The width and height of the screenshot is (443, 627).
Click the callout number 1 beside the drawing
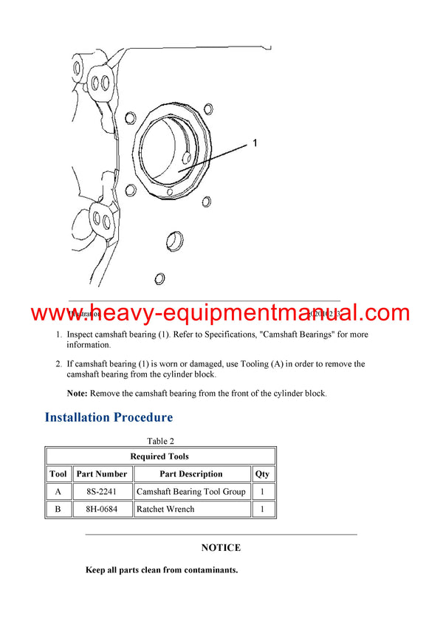point(255,143)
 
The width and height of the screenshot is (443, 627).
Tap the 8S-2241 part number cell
point(102,491)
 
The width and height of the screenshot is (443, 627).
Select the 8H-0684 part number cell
point(102,509)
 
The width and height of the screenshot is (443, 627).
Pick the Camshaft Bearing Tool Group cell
point(190,491)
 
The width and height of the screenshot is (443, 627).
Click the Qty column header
point(262,473)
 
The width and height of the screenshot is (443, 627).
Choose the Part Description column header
point(190,473)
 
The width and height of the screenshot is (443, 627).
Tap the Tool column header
point(58,473)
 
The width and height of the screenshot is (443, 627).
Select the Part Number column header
point(102,473)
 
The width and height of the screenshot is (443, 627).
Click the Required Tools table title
point(159,456)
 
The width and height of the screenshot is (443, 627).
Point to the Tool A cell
point(58,491)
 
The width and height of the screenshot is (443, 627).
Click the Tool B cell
point(58,509)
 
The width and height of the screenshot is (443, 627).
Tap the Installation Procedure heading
point(109,417)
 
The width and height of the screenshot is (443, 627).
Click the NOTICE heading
point(221,548)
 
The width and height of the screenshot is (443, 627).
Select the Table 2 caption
point(160,441)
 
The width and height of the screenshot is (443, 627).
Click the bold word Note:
point(77,394)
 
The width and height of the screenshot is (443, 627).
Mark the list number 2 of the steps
point(58,364)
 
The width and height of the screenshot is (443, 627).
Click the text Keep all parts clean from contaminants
point(161,570)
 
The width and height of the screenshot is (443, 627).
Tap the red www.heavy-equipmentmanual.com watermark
point(221,312)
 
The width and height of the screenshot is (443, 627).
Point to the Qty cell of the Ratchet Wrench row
point(262,509)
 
